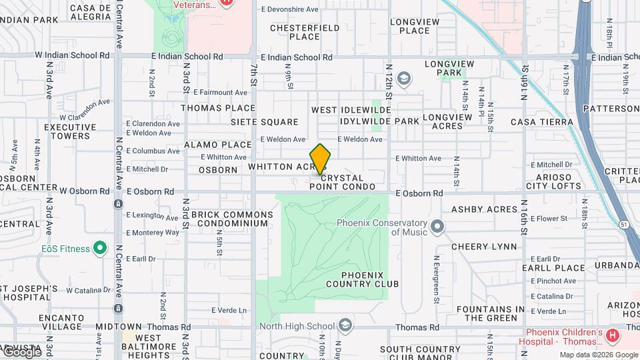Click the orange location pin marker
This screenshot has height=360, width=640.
click(320, 159)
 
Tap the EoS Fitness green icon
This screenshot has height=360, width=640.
click(100, 249)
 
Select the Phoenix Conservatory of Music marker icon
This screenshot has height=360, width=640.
click(437, 228)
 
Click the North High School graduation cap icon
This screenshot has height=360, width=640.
click(345, 325)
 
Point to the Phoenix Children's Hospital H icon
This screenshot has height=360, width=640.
click(613, 334)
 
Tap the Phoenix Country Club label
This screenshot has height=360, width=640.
click(363, 279)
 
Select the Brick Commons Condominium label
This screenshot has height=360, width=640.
click(232, 219)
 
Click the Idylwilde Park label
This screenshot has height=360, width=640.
click(379, 121)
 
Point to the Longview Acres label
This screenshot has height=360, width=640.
click(452, 121)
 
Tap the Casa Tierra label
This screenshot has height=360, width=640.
click(541, 122)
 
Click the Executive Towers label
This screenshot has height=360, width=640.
click(67, 131)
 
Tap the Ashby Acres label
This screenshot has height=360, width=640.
click(485, 209)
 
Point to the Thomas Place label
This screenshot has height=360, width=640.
click(218, 108)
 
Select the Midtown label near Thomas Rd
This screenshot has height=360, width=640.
click(100, 327)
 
